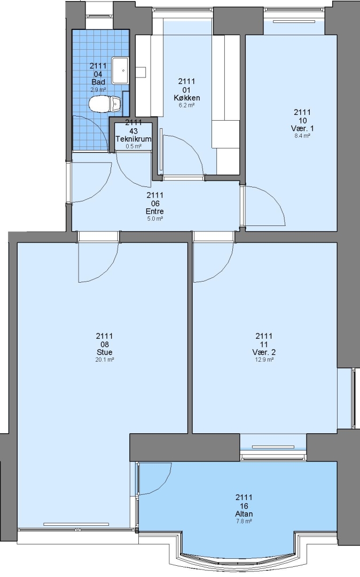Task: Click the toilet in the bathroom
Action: click(105, 104)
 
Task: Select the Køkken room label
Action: click(187, 98)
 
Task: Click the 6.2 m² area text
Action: click(187, 105)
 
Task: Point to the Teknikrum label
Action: click(134, 139)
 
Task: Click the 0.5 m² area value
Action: click(134, 146)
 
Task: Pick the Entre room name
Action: click(155, 211)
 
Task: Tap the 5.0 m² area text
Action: click(155, 219)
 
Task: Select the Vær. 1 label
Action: click(302, 128)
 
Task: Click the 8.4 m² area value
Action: click(302, 136)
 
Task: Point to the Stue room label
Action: click(105, 352)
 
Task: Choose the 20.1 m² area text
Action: click(105, 360)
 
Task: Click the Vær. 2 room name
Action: click(264, 352)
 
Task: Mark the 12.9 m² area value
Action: click(264, 360)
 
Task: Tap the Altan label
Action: click(244, 514)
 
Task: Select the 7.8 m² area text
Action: click(244, 521)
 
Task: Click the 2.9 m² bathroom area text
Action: click(98, 89)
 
